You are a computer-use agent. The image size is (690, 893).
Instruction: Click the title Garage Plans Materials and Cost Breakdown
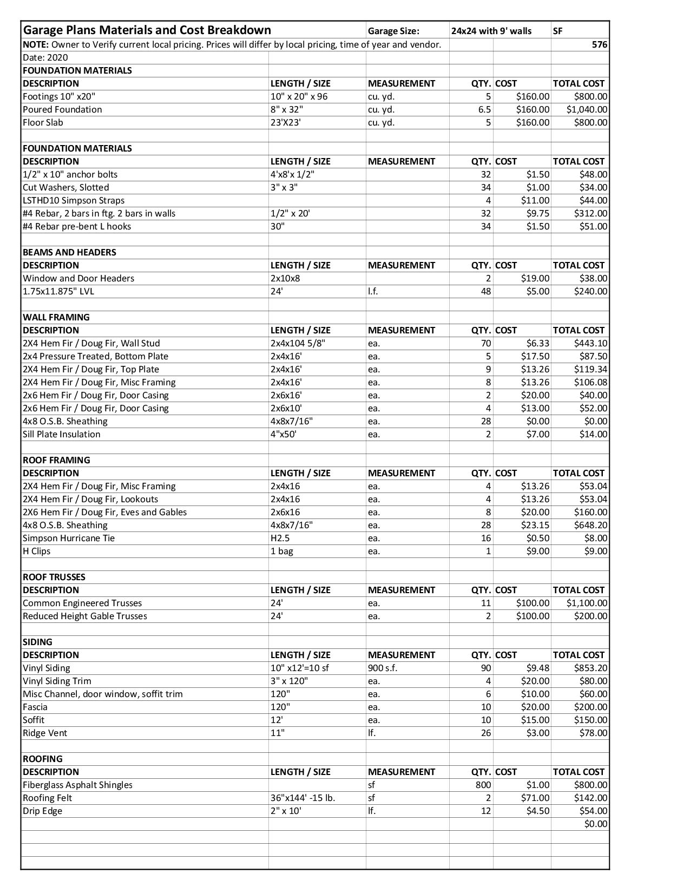[147, 30]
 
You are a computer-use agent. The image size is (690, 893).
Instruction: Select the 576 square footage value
[599, 44]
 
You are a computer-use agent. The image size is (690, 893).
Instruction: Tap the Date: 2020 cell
[45, 57]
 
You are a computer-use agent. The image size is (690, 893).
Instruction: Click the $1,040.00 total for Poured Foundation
[587, 109]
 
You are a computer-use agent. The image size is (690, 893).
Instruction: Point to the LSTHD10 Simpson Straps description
[74, 200]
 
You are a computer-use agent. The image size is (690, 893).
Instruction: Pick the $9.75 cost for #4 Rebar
[538, 213]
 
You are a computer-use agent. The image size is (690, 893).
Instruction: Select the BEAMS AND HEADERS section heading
[69, 252]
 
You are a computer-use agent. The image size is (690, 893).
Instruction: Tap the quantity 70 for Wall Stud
[485, 343]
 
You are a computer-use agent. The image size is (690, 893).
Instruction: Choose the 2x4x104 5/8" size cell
[298, 343]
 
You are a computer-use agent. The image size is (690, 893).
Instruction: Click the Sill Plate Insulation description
[62, 434]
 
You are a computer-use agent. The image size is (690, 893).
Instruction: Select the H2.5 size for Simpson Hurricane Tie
[280, 538]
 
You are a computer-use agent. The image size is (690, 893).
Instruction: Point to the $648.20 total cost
[590, 525]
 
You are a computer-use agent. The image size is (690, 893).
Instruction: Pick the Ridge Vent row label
[45, 733]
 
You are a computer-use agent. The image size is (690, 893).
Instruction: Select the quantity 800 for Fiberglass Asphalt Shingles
[483, 785]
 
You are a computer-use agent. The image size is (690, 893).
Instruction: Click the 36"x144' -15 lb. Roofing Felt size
[303, 798]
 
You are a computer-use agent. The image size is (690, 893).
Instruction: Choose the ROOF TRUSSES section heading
[54, 577]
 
